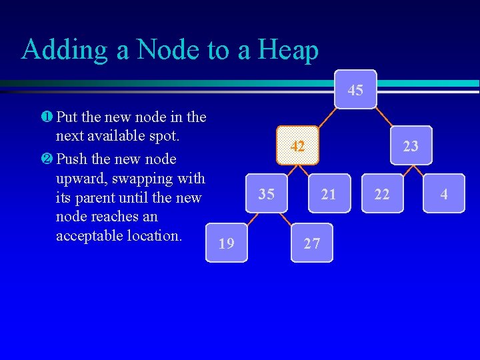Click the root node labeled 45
[356, 89]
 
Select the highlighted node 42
[299, 145]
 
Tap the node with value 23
[411, 145]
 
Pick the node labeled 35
[267, 194]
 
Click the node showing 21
[329, 194]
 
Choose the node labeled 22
[382, 194]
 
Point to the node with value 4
[443, 194]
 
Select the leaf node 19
[227, 243]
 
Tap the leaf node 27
[311, 243]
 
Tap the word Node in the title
[169, 50]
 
